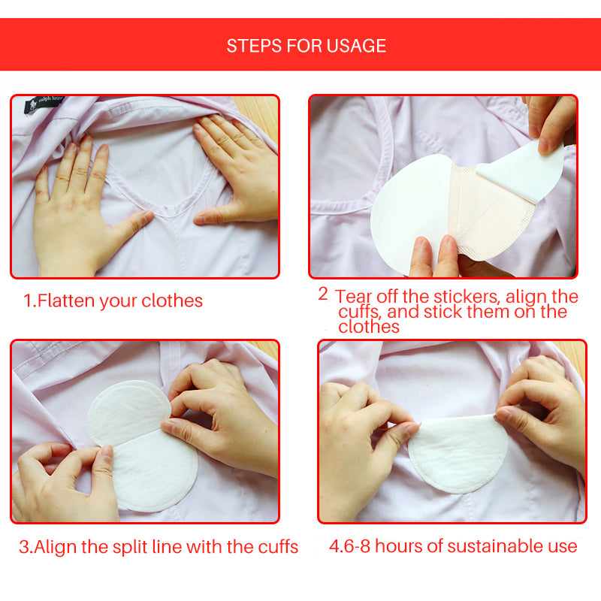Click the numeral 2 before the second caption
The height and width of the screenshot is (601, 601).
tap(323, 294)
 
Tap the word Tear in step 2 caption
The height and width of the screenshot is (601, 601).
tap(354, 297)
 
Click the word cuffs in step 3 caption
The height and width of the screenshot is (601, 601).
tap(275, 547)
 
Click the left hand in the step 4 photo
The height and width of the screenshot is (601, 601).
tap(361, 443)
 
